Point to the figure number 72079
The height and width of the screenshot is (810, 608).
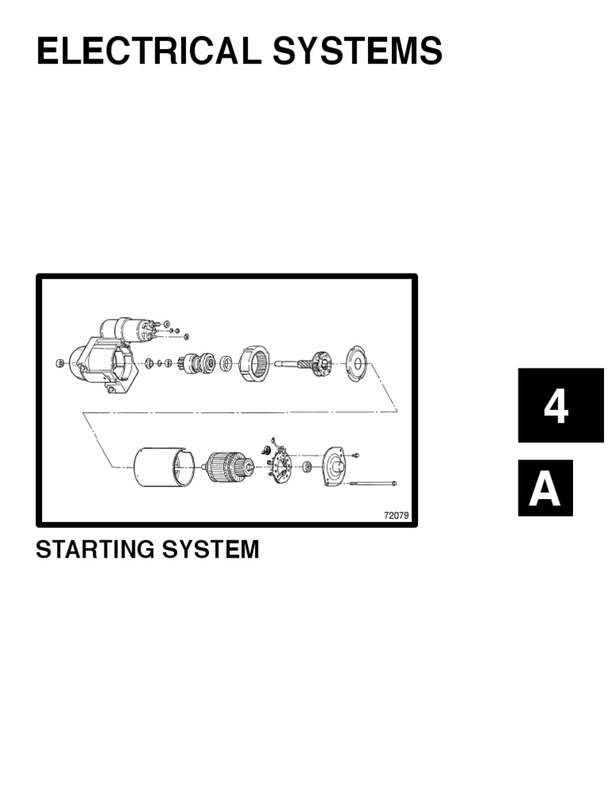(395, 516)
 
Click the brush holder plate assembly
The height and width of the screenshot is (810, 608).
(278, 463)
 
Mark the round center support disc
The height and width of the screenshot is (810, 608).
(356, 365)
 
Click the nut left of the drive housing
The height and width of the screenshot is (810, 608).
(59, 362)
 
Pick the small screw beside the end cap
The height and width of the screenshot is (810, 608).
(354, 455)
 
